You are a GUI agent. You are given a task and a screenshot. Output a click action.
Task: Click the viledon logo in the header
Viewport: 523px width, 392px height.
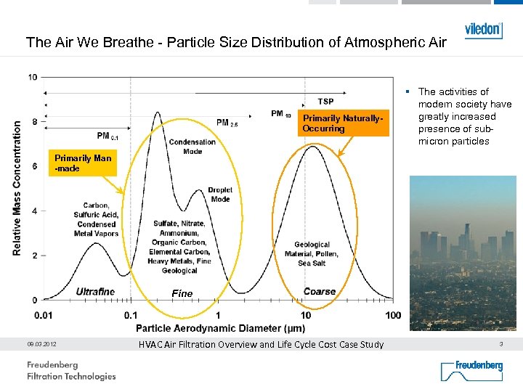483,30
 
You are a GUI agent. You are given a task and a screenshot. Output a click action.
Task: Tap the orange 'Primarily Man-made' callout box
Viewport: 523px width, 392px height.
84,163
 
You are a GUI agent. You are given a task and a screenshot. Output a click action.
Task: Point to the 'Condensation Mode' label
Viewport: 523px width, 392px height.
192,147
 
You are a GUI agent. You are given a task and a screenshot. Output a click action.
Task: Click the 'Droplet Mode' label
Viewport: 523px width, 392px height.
220,195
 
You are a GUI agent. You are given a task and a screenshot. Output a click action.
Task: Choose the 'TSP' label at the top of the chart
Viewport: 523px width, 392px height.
325,102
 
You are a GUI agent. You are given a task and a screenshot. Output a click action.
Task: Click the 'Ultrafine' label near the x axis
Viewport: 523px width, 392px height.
95,292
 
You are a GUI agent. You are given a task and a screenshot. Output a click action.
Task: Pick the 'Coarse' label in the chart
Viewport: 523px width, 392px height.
320,292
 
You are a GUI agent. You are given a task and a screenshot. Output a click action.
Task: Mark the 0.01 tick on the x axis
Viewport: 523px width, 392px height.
43,315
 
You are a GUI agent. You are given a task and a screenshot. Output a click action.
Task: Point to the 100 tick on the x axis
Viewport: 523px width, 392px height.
392,315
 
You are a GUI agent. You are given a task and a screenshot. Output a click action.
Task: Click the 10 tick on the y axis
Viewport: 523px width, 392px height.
33,77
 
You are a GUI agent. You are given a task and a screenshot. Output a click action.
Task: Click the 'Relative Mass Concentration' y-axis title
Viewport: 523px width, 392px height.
17,187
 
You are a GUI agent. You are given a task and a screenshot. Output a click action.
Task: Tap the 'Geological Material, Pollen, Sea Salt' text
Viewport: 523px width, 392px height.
312,254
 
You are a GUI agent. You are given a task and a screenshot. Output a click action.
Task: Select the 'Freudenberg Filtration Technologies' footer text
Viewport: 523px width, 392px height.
71,370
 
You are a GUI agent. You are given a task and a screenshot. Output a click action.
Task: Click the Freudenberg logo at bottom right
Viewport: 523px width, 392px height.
471,370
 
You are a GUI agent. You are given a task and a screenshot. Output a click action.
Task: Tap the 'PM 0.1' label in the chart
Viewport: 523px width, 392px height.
107,136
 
